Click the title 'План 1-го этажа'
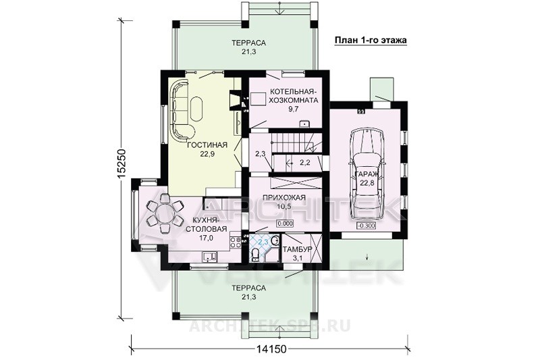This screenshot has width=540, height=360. point(371,41)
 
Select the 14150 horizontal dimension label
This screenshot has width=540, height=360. point(271,349)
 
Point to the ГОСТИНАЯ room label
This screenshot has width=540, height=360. point(207,145)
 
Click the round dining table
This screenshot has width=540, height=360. point(165,213)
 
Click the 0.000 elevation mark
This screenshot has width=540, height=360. point(285,224)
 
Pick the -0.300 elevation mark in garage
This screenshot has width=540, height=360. point(366,226)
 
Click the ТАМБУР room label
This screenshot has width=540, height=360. point(297,249)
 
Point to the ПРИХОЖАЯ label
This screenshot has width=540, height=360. point(284,198)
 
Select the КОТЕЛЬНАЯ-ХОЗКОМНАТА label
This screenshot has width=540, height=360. point(293,97)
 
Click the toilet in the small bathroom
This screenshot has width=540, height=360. point(256,255)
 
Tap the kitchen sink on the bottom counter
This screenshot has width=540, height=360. point(209,257)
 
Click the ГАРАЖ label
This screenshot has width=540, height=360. point(367,175)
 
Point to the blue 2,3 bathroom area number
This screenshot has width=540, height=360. point(263,242)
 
